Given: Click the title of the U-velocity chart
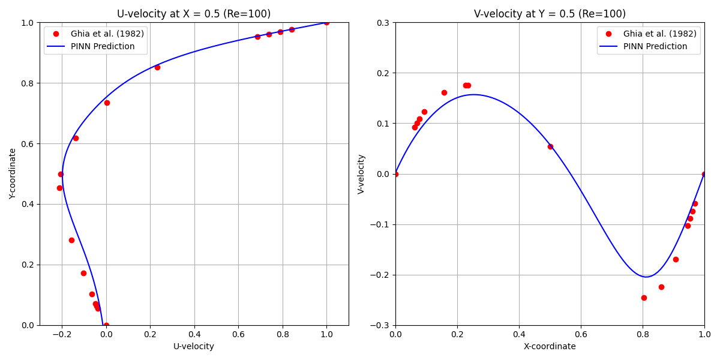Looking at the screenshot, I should pos(194,14).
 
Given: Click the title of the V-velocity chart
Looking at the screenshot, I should pos(550,14).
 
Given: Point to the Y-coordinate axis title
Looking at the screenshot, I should pos(13,174).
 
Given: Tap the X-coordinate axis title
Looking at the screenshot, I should pos(550,346).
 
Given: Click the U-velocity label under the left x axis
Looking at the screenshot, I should pos(194,346).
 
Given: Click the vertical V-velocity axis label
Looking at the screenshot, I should pos(361,174).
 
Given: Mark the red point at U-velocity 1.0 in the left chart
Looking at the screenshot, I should pos(326,22).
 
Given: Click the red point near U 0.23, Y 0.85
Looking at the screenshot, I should pos(157,67).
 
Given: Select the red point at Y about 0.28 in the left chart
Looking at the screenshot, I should pos(71,240).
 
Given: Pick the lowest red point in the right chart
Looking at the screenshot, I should pos(644,298).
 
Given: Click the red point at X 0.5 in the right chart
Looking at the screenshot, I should pos(550,146).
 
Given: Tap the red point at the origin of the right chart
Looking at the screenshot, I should pos(395,174).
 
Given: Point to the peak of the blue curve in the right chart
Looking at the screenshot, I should pos(473,94).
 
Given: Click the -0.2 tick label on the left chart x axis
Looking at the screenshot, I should pos(61,334).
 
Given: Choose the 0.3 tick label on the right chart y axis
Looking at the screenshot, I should pos(383,23).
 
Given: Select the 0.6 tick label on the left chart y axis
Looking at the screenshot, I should pos(29,143).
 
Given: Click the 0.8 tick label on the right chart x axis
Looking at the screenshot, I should pos(643,334).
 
